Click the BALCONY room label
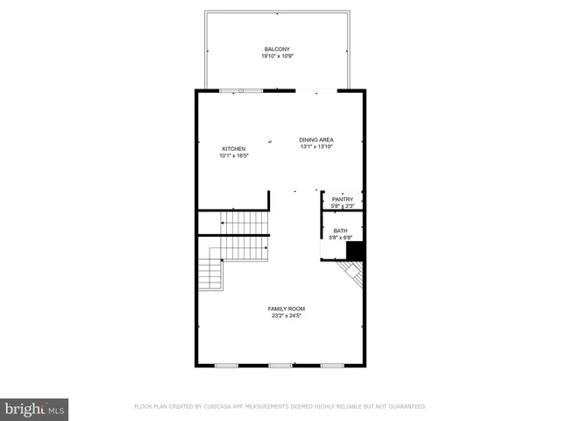coord(277,48)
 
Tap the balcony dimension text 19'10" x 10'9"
coord(277,55)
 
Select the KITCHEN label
coord(233,148)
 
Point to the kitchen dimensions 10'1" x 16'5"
coord(234,155)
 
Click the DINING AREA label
coord(316,139)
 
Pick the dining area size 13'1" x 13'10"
coord(316,146)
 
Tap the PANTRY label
coord(342,199)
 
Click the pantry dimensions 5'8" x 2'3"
coord(342,206)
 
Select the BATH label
coord(340,230)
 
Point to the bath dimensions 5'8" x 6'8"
coord(340,237)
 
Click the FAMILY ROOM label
coord(286,309)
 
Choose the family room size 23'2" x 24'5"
coord(286,316)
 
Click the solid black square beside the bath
coord(355,252)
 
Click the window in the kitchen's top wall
coord(241,89)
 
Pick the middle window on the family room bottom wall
coord(280,365)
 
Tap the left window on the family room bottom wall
coord(226,365)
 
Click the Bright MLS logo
coord(34,409)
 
